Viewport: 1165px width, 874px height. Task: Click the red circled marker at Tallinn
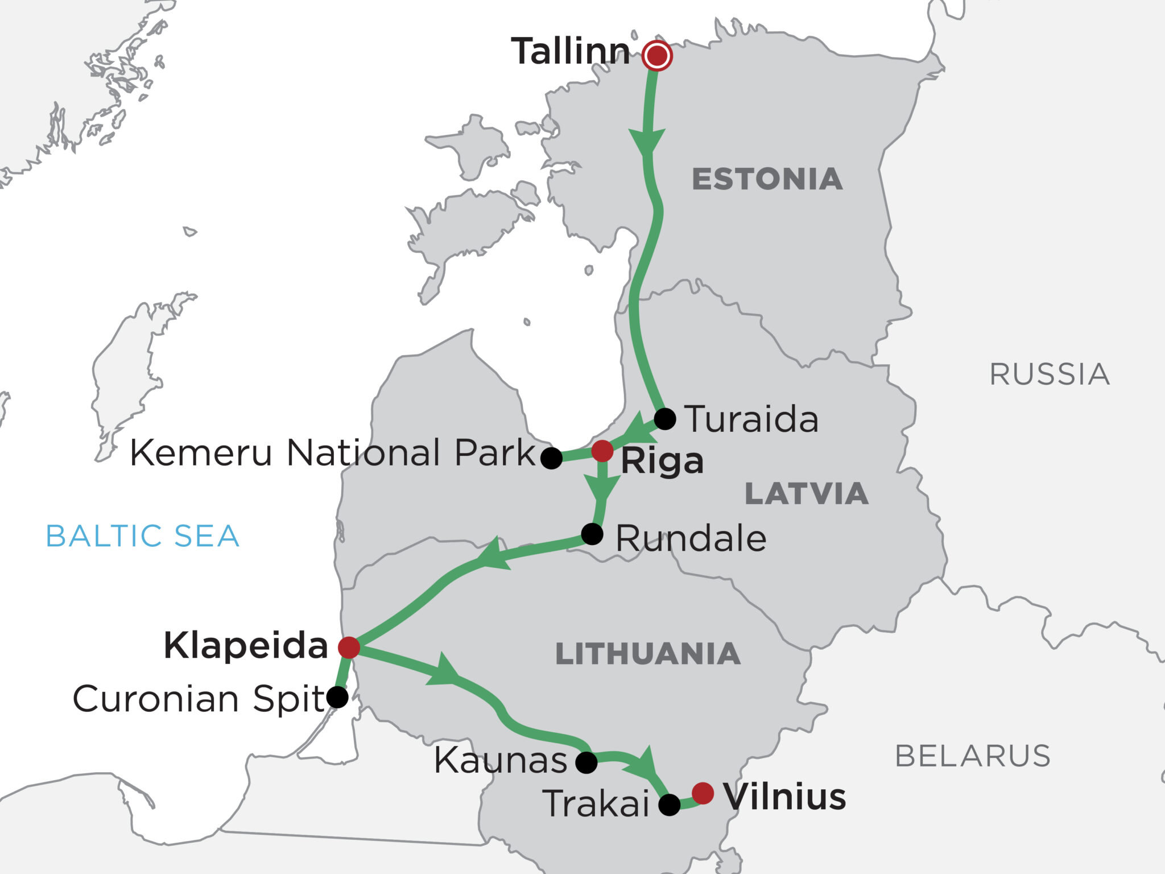pos(657,56)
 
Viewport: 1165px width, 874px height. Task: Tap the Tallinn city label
pos(571,51)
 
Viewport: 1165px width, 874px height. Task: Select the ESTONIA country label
pos(767,179)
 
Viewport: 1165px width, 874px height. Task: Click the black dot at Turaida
pos(665,419)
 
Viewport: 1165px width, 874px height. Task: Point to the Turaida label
pos(751,419)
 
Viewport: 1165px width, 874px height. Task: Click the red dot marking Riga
pos(602,451)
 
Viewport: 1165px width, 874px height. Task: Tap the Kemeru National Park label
pos(333,453)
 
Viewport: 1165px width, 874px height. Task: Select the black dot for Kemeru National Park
pos(551,458)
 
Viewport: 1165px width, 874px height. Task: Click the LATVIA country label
pos(807,493)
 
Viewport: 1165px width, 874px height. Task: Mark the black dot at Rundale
pos(592,534)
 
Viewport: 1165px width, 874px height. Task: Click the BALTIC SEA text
pos(142,536)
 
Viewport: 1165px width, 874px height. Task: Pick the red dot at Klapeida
pos(349,648)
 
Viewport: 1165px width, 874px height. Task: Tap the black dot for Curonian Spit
pos(337,697)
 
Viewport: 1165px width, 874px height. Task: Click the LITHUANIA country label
pos(647,654)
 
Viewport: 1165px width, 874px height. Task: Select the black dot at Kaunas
pos(586,762)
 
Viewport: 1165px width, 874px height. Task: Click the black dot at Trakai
pos(669,805)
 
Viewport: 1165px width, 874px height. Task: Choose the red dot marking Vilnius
pos(703,793)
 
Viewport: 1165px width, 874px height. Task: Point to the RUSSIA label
pos(1050,374)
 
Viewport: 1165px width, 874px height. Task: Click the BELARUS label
pos(973,756)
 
